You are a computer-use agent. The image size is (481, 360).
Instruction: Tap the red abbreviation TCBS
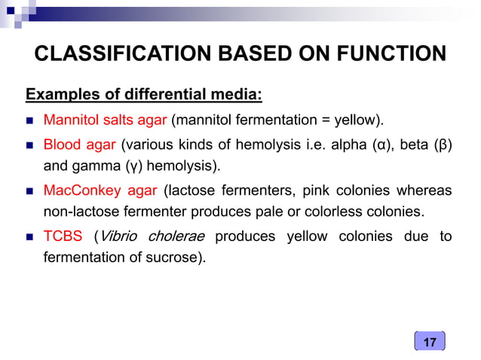pyautogui.click(x=63, y=236)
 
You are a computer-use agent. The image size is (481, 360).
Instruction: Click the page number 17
pyautogui.click(x=430, y=343)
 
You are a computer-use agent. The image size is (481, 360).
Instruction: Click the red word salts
pyautogui.click(x=112, y=119)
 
